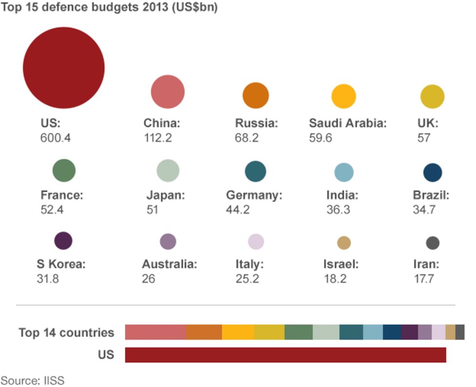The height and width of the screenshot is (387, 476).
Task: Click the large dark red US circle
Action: click(63, 68)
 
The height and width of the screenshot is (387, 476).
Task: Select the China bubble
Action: click(168, 92)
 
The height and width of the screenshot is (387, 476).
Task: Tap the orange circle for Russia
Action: click(256, 96)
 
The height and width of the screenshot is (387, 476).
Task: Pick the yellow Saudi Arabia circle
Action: click(344, 96)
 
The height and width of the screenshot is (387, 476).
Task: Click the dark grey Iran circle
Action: click(433, 243)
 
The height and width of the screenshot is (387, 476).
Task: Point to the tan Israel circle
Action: click(344, 243)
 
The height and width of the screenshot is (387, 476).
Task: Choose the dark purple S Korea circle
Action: click(63, 241)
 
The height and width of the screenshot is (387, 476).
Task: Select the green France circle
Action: click(64, 171)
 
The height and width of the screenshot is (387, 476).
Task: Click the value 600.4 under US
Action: click(55, 138)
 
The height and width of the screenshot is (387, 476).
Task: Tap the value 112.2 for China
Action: click(158, 138)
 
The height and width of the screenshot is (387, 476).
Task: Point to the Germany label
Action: click(254, 196)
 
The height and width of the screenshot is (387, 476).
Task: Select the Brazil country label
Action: click(431, 196)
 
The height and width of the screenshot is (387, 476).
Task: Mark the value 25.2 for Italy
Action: click(247, 279)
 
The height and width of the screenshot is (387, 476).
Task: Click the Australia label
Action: click(170, 265)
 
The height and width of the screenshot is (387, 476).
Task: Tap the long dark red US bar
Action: click(285, 355)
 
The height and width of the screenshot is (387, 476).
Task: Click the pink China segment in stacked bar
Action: click(156, 332)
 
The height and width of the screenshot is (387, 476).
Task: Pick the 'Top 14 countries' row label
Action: click(66, 333)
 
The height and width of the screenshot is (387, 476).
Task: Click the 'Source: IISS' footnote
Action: click(32, 380)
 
